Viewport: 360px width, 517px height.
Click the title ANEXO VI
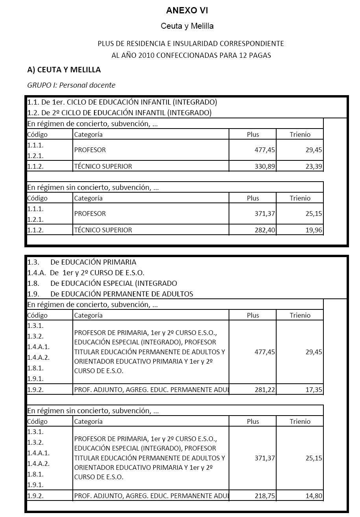pyautogui.click(x=187, y=11)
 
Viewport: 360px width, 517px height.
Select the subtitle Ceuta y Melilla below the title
pyautogui.click(x=187, y=26)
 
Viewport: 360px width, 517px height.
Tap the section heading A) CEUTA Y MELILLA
pyautogui.click(x=64, y=70)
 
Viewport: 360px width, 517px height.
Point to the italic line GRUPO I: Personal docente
pyautogui.click(x=71, y=85)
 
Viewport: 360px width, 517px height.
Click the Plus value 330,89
pyautogui.click(x=264, y=166)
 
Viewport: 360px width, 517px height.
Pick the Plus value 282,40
pyautogui.click(x=264, y=230)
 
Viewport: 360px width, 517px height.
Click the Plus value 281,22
pyautogui.click(x=264, y=390)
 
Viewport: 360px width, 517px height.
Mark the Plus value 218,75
pyautogui.click(x=264, y=496)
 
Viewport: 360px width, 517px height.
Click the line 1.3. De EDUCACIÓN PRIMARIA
pyautogui.click(x=82, y=262)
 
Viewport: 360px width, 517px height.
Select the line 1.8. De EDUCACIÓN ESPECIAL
pyautogui.click(x=102, y=283)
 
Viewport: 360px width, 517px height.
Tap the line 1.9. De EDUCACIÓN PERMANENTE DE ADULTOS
pyautogui.click(x=110, y=294)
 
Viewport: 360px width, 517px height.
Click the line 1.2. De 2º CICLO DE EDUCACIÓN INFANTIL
pyautogui.click(x=119, y=113)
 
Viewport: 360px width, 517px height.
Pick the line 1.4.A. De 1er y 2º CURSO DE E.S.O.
pyautogui.click(x=86, y=273)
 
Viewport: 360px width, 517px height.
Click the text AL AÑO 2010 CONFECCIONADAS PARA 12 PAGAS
pyautogui.click(x=191, y=55)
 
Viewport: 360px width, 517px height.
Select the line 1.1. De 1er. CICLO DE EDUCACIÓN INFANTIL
pyautogui.click(x=122, y=102)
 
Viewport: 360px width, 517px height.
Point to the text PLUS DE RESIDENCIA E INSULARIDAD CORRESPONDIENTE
pyautogui.click(x=191, y=44)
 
